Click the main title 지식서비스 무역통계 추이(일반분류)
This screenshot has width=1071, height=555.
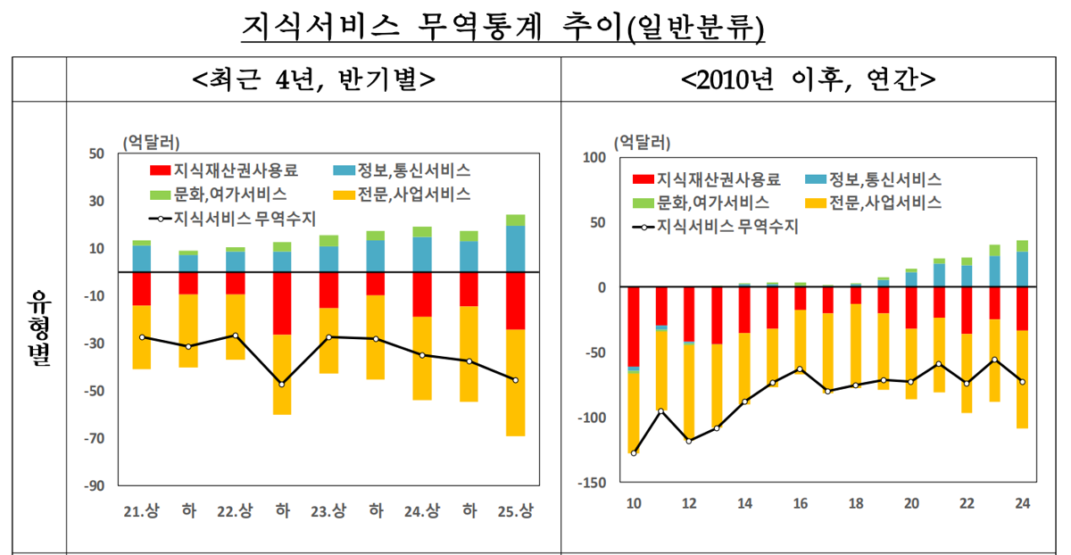[502, 28]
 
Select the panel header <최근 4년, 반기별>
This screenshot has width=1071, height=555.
[313, 79]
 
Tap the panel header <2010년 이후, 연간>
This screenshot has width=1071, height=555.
[808, 79]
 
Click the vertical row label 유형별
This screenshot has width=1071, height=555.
[39, 328]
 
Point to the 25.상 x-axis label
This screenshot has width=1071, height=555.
[516, 511]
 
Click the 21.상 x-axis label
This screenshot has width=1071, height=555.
[142, 511]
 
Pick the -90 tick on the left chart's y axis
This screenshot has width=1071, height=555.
[95, 485]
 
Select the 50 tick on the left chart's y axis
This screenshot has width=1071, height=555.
[96, 153]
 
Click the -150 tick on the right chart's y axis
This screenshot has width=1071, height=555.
[592, 483]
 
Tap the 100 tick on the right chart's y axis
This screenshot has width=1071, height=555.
[594, 157]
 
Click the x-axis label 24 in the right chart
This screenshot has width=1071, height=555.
[1022, 503]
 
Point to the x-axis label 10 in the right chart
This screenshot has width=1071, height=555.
[634, 503]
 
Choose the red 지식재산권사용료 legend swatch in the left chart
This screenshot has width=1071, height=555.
[160, 170]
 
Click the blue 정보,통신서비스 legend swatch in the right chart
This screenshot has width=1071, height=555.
[816, 179]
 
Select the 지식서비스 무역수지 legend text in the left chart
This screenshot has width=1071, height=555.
[245, 219]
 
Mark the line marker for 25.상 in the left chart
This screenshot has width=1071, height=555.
[516, 380]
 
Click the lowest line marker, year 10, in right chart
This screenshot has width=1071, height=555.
[634, 453]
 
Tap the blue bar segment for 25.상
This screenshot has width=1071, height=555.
[516, 249]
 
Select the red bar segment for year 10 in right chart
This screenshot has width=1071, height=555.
[634, 327]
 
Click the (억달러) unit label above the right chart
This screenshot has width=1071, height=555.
[642, 143]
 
